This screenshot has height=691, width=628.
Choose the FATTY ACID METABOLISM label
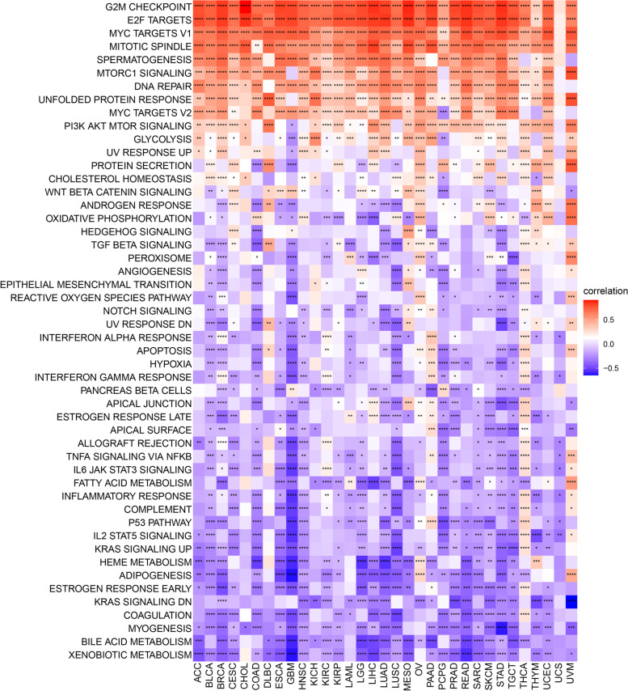tap(130, 482)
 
